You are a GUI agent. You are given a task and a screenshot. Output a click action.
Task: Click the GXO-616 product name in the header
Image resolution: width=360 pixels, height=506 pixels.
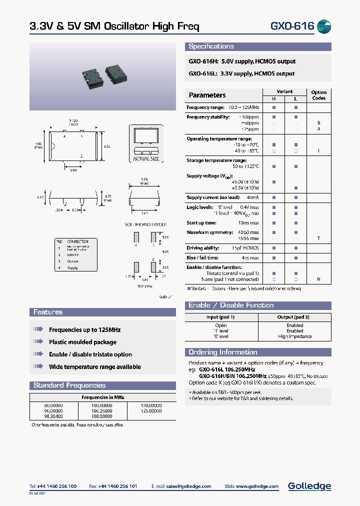[x=292, y=26]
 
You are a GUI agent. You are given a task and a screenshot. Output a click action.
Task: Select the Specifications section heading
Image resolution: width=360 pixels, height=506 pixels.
[x=211, y=46]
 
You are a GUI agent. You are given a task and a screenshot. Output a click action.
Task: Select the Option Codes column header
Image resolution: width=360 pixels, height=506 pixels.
[x=318, y=95]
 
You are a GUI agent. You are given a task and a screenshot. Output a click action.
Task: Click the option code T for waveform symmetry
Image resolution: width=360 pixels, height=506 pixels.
[x=318, y=238]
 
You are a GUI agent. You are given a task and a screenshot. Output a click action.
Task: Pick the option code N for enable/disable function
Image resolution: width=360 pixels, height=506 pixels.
[x=318, y=279]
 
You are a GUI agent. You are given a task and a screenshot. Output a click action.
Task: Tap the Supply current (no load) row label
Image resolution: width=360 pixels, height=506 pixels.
[x=212, y=197]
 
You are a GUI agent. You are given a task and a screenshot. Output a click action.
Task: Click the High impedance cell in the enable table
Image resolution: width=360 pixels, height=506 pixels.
[x=294, y=336]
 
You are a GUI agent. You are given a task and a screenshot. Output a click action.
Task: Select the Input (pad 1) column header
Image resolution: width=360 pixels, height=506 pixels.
[x=220, y=317]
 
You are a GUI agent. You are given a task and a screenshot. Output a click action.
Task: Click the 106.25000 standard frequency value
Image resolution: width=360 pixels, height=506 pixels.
[x=101, y=410]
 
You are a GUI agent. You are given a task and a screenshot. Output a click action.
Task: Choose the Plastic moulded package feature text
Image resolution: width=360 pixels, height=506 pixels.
[x=82, y=342]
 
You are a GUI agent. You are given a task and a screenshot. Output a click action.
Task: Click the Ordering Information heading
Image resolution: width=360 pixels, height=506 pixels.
[x=222, y=352]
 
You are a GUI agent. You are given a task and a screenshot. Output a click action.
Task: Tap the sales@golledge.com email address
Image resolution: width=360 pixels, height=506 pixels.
[x=189, y=486]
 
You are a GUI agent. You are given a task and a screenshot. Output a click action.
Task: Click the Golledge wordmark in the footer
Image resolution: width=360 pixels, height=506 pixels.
[x=309, y=485]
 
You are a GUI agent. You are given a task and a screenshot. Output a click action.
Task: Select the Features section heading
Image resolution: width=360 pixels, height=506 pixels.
[x=48, y=312]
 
